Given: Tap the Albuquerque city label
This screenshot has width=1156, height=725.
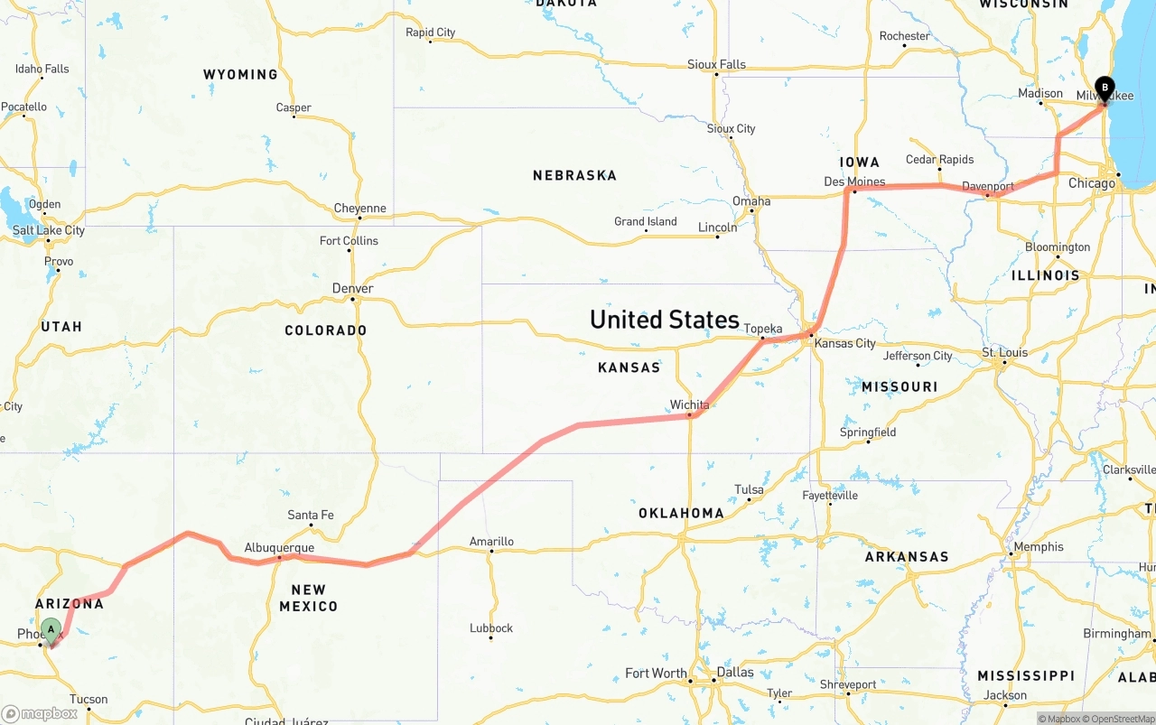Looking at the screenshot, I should point(279,547).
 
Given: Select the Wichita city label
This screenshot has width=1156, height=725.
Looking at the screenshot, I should point(689,404).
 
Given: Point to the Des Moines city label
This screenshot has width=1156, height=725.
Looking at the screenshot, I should point(854,181).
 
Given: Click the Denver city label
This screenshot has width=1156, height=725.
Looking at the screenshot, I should point(352,288).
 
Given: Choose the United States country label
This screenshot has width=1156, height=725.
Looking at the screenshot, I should point(664,320).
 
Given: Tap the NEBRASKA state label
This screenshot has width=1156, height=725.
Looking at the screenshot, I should point(574,175).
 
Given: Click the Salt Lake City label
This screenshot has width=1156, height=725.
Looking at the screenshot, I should point(49,230).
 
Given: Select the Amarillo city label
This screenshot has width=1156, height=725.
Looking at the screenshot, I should point(491,542).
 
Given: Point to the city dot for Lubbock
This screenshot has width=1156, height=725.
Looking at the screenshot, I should point(490,638).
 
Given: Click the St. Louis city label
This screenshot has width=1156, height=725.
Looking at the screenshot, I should point(1004,352).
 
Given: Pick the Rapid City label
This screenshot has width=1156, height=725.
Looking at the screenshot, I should point(431,33).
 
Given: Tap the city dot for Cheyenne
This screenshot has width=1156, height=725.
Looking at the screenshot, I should point(359,218).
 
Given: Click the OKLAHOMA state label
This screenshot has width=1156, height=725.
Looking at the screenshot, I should point(681,513).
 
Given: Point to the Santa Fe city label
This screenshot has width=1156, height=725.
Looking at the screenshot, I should point(310,515).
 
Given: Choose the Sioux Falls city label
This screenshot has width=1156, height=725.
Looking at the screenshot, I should point(716,64).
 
